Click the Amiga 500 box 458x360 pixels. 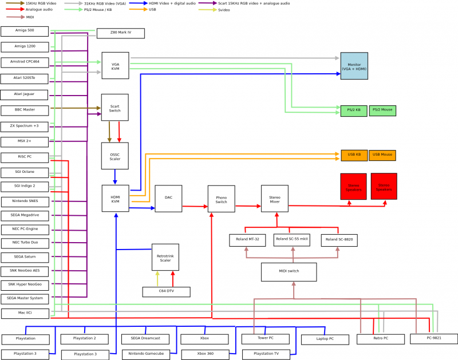pyautogui.click(x=25, y=31)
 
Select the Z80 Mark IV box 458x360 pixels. pyautogui.click(x=120, y=33)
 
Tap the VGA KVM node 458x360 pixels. pyautogui.click(x=115, y=65)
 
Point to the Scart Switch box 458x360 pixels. pyautogui.click(x=114, y=108)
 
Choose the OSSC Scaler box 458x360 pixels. pyautogui.click(x=114, y=156)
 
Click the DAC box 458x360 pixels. pyautogui.click(x=168, y=198)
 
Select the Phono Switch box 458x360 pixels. pyautogui.click(x=221, y=199)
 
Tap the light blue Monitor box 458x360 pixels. pyautogui.click(x=354, y=66)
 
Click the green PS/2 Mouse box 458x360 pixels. pyautogui.click(x=382, y=110)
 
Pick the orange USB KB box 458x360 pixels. pyautogui.click(x=354, y=155)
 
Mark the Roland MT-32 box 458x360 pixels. pyautogui.click(x=247, y=240)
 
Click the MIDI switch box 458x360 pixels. pyautogui.click(x=289, y=272)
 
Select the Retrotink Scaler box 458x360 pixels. pyautogui.click(x=165, y=257)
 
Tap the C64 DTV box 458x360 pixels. pyautogui.click(x=166, y=292)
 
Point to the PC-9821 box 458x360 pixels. pyautogui.click(x=433, y=339)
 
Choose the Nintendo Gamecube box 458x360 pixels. pyautogui.click(x=145, y=354)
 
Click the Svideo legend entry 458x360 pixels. pyautogui.click(x=223, y=10)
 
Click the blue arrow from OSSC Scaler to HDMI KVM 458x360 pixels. pyautogui.click(x=115, y=177)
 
